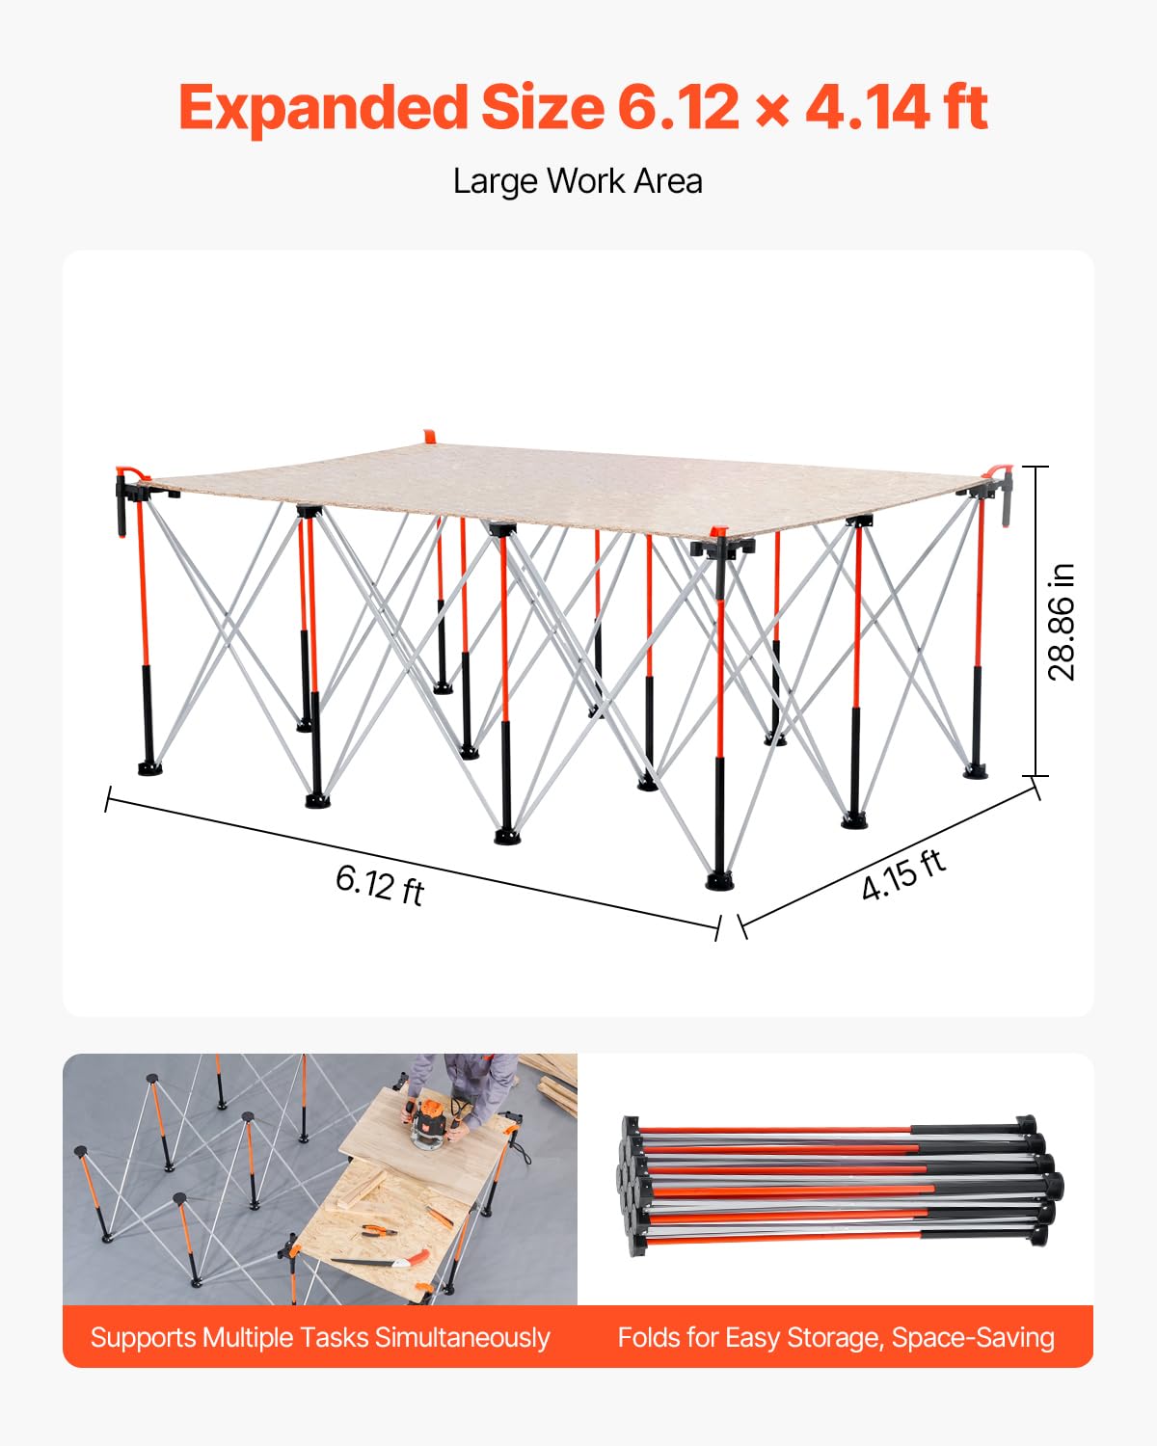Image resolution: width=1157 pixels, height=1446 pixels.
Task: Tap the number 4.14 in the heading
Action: [x=867, y=108]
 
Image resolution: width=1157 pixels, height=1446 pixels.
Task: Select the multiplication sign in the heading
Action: [x=772, y=111]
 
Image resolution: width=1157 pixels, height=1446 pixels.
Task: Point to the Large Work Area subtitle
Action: [x=578, y=181]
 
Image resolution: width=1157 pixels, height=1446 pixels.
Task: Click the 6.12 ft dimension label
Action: [x=380, y=885]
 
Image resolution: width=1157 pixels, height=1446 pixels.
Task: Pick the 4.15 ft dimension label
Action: [x=903, y=874]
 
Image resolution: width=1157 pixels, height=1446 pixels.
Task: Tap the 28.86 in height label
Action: [x=1063, y=623]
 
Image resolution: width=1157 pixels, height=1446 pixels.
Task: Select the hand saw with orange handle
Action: [x=381, y=1262]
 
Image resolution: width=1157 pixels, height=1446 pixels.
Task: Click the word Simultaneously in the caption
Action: [x=463, y=1338]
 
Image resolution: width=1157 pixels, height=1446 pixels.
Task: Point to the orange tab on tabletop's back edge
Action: [x=430, y=437]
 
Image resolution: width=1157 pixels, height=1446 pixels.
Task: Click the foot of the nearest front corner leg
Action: [x=720, y=880]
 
